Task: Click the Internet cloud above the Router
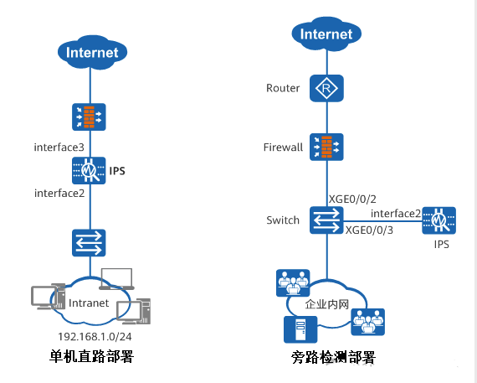pyautogui.click(x=326, y=34)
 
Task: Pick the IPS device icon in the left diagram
pyautogui.click(x=88, y=171)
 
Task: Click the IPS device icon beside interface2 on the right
pyautogui.click(x=439, y=221)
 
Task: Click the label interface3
pyautogui.click(x=59, y=148)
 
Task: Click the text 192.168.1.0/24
pyautogui.click(x=90, y=335)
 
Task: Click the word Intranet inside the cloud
pyautogui.click(x=88, y=303)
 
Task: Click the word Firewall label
pyautogui.click(x=283, y=147)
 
